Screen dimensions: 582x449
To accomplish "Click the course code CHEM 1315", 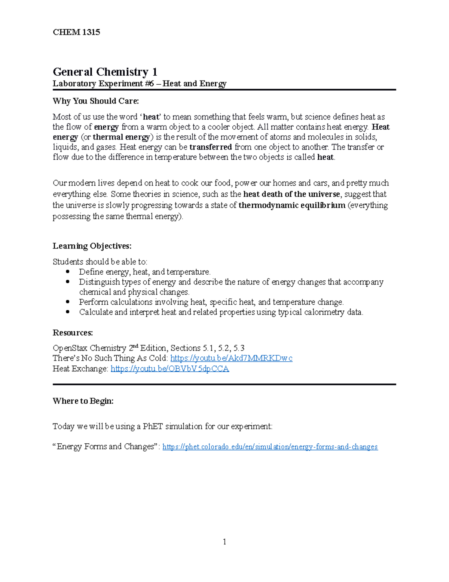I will click(x=76, y=32).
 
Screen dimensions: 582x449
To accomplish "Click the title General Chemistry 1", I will click(x=105, y=72).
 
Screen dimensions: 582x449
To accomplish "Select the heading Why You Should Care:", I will click(x=95, y=101).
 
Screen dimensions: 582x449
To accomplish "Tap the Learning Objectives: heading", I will click(x=92, y=246).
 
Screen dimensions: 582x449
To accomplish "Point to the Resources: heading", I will click(x=73, y=333).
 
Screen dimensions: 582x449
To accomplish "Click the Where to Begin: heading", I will click(x=83, y=401).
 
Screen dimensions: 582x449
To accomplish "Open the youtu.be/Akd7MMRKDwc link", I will click(x=231, y=358).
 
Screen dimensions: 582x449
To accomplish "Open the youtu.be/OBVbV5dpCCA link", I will click(x=170, y=369).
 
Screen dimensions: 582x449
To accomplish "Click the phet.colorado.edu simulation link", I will click(x=270, y=447).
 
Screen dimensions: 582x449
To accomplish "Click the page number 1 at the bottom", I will click(x=224, y=542).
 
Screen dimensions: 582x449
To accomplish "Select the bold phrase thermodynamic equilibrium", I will click(x=292, y=205).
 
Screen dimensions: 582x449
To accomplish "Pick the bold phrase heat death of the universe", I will click(x=291, y=194).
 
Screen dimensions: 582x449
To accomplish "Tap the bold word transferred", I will click(x=211, y=147).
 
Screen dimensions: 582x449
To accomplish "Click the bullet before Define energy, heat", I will click(x=68, y=272).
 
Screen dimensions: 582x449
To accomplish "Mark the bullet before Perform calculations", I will click(x=68, y=302).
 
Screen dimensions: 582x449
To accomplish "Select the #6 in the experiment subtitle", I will click(x=149, y=84).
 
